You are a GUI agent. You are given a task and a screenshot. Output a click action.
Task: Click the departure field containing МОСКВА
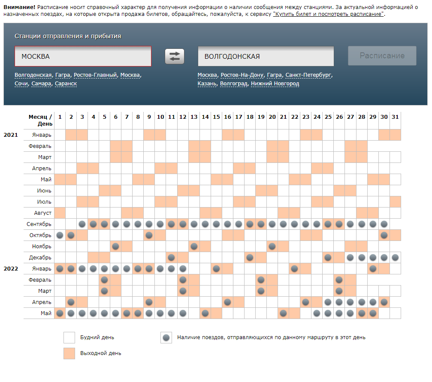pyautogui.click(x=82, y=56)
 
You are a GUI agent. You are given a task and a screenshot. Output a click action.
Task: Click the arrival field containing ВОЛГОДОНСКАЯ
pyautogui.click(x=266, y=56)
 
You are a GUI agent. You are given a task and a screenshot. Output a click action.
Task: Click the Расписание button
pyautogui.click(x=382, y=56)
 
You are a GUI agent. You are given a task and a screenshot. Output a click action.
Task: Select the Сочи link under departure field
pyautogui.click(x=21, y=84)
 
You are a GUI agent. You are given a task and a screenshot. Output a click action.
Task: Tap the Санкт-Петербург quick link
pyautogui.click(x=308, y=75)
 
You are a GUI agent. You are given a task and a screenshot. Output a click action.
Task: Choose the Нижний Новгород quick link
pyautogui.click(x=275, y=84)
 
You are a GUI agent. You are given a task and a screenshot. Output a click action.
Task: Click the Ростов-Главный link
pyautogui.click(x=95, y=75)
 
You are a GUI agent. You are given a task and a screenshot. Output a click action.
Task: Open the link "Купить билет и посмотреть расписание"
pyautogui.click(x=329, y=14)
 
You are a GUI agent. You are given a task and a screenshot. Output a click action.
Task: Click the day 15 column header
pyautogui.click(x=216, y=117)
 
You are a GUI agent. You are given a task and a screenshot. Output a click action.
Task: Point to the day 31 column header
pyautogui.click(x=395, y=117)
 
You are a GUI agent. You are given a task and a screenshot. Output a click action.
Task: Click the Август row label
pyautogui.click(x=42, y=213)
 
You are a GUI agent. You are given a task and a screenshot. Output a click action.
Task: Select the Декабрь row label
pyautogui.click(x=41, y=257)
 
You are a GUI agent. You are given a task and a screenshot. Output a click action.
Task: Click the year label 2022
pyautogui.click(x=11, y=268)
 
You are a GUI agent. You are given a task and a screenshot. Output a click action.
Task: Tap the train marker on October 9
pyautogui.click(x=149, y=235)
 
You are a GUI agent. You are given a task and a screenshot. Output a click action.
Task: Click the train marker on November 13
pyautogui.click(x=194, y=246)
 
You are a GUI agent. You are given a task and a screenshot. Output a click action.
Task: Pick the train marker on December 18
pyautogui.click(x=250, y=257)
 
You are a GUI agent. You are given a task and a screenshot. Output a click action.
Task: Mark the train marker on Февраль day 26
pyautogui.click(x=339, y=280)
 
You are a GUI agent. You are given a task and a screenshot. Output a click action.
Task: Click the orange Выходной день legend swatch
pyautogui.click(x=69, y=353)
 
